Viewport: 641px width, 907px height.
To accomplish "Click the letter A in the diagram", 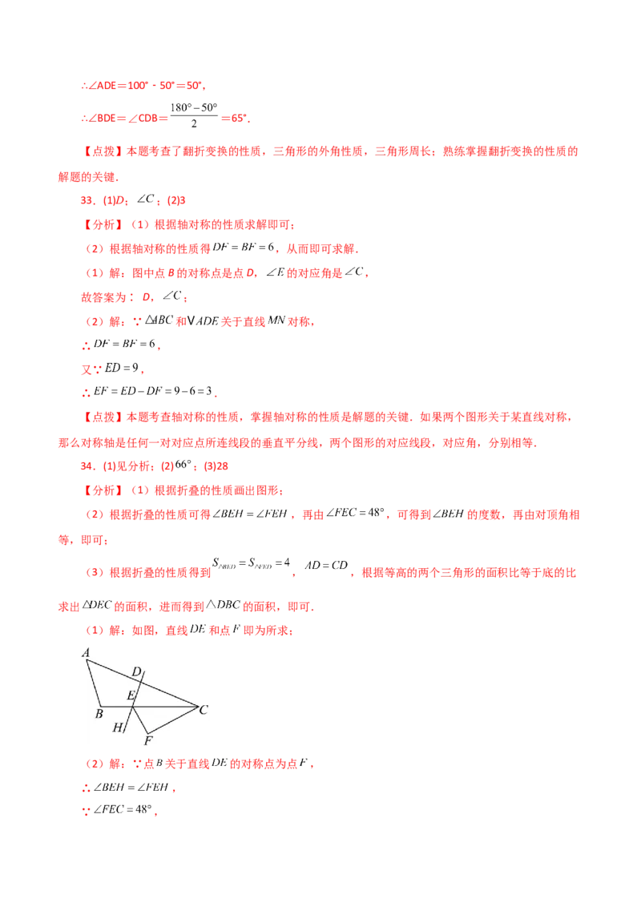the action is click(85, 653).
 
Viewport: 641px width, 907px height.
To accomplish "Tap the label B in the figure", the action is click(99, 713).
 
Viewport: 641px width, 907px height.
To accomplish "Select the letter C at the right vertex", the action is click(204, 709).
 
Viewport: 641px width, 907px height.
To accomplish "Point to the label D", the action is click(136, 671).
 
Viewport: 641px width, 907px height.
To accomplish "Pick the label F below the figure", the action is click(147, 740).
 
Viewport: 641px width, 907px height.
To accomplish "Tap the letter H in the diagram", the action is click(117, 728).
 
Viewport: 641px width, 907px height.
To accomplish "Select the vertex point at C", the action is click(198, 706).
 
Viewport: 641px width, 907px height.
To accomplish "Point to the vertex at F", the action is click(146, 732).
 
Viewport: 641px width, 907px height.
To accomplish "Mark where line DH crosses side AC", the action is click(139, 682).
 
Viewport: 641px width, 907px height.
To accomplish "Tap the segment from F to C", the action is click(172, 719).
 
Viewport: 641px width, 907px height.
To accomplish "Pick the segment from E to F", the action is click(139, 720).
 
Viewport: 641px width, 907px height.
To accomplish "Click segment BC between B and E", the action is click(116, 706).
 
